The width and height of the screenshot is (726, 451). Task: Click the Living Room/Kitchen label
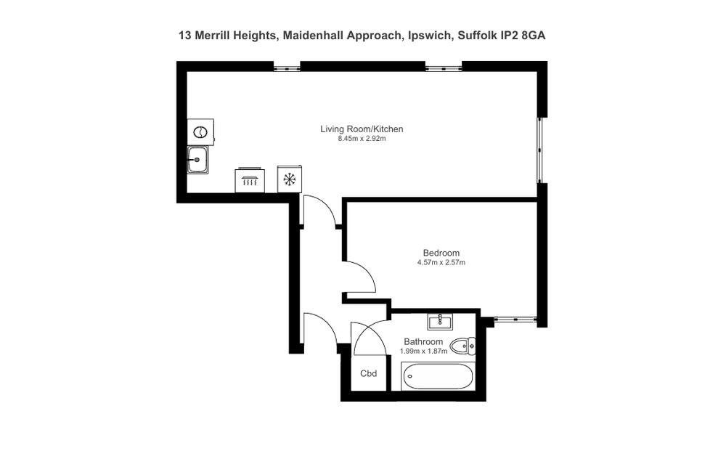click(362, 129)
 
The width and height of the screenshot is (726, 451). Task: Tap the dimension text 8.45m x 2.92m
click(362, 139)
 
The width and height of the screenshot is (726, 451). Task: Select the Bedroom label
click(441, 253)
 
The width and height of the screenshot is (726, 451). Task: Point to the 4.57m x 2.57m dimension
click(441, 263)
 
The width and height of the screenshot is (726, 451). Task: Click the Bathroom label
click(423, 342)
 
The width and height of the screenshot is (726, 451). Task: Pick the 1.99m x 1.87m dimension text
click(424, 351)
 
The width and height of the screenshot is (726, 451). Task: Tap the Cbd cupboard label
click(369, 373)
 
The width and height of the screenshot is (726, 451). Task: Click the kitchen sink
click(198, 160)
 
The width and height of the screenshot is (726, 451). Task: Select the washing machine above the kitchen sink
click(200, 132)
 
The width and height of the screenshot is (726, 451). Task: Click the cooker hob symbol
click(250, 180)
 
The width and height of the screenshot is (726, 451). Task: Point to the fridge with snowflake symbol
click(290, 179)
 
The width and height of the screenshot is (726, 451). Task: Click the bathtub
click(438, 376)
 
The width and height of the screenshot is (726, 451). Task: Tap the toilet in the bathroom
click(462, 346)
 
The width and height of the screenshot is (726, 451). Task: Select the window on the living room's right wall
click(539, 150)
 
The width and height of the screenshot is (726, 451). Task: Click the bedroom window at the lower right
click(515, 319)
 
